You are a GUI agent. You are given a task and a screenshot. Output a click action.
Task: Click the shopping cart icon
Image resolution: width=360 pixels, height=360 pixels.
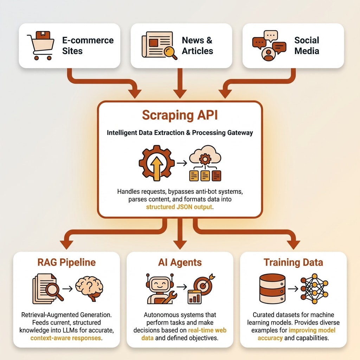pos(40,46)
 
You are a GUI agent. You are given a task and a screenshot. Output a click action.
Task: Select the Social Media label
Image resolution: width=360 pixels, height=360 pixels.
pos(307,46)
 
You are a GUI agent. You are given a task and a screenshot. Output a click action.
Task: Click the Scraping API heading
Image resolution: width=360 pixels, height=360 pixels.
pos(180,115)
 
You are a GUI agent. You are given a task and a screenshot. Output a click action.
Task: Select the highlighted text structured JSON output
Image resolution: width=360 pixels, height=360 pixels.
pos(179,207)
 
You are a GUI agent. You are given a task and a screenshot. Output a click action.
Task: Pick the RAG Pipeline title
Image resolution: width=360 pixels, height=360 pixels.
pos(66,262)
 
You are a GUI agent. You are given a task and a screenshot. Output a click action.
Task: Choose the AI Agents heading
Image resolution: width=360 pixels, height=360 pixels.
pos(180,262)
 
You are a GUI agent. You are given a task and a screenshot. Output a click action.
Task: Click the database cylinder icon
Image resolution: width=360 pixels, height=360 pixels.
pos(272,288)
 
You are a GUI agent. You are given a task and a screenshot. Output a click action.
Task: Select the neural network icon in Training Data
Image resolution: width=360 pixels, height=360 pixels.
pos(315,288)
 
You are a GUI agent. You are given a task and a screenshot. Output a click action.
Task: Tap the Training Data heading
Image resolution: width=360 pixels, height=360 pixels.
pos(293,262)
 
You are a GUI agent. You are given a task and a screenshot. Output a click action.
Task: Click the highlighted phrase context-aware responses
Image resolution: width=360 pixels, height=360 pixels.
pos(66,338)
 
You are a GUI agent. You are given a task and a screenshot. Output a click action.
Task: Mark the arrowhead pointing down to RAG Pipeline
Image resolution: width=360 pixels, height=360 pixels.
pos(66,244)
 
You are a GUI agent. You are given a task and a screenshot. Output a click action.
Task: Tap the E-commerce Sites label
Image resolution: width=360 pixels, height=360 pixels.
pos(88,46)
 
